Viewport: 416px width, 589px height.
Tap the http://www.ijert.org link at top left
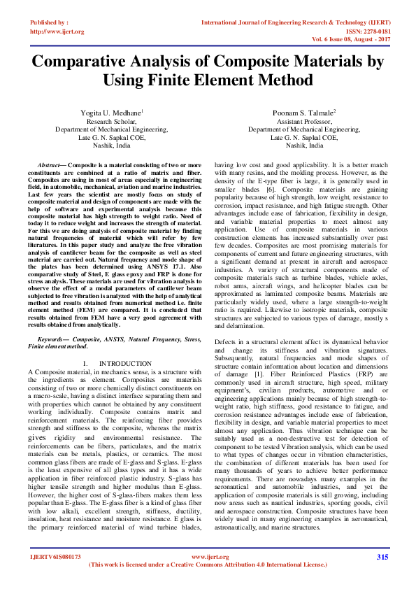pyautogui.click(x=56, y=31)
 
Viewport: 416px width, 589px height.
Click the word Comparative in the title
pyautogui.click(x=93, y=62)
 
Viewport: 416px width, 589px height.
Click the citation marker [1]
pyautogui.click(x=260, y=376)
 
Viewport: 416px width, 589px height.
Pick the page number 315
pyautogui.click(x=382, y=557)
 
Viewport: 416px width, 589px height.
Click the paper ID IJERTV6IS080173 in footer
pyautogui.click(x=55, y=558)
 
